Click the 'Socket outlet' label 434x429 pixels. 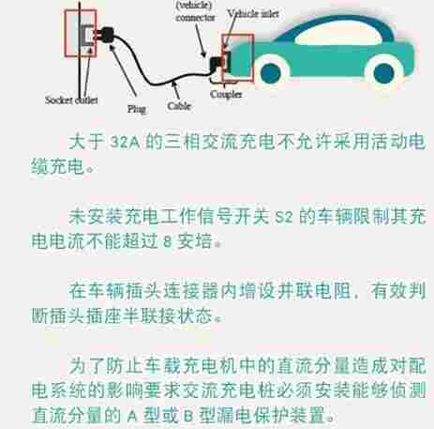pyautogui.click(x=71, y=100)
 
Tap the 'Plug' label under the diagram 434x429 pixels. pyautogui.click(x=137, y=109)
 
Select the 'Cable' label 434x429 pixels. pyautogui.click(x=179, y=106)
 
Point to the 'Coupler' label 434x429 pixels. pyautogui.click(x=226, y=94)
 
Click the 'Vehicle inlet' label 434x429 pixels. pyautogui.click(x=253, y=14)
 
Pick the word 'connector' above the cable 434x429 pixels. pyautogui.click(x=195, y=18)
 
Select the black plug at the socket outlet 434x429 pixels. pyautogui.click(x=105, y=35)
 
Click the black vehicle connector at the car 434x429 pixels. pyautogui.click(x=217, y=64)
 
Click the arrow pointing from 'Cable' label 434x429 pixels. pyautogui.click(x=176, y=91)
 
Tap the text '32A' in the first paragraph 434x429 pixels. pyautogui.click(x=125, y=143)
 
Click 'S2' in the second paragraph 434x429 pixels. pyautogui.click(x=284, y=217)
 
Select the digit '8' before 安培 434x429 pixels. pyautogui.click(x=168, y=241)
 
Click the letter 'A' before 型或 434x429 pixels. pyautogui.click(x=132, y=416)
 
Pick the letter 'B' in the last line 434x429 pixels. pyautogui.click(x=188, y=416)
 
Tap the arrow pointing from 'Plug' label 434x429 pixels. pyautogui.click(x=123, y=70)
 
